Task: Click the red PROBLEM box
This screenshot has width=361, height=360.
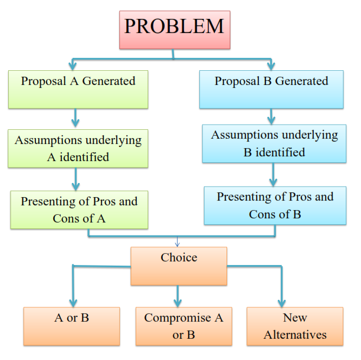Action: coord(174,29)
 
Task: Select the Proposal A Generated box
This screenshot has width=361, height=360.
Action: coord(78,89)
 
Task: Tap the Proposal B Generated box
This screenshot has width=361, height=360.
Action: coord(271,89)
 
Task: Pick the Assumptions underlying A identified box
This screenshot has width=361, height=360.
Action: coord(78,148)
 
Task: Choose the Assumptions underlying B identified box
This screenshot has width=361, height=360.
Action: coord(275,143)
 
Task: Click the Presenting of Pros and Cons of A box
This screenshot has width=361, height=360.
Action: coord(79,209)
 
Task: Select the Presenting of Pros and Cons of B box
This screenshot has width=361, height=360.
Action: coord(275,205)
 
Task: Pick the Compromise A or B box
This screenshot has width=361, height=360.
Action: coord(183,326)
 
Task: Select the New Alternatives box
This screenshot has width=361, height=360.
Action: coord(294,326)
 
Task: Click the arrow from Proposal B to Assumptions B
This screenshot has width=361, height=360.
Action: coord(271,116)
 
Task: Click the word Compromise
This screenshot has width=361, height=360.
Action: coord(183,318)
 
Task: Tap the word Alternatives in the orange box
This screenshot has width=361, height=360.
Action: coord(294,335)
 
